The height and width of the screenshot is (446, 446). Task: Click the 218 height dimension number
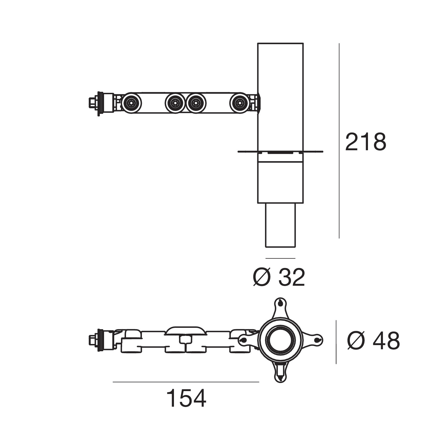[x=366, y=142]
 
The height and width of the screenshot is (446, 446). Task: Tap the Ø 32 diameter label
[x=279, y=278]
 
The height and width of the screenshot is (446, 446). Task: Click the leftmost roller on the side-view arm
[x=132, y=103]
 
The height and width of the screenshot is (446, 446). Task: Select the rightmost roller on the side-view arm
[x=239, y=103]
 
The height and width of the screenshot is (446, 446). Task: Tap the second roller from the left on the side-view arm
[x=175, y=103]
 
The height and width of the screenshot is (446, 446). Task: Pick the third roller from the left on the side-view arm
[x=196, y=103]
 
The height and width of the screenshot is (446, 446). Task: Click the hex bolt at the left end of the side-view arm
[x=92, y=103]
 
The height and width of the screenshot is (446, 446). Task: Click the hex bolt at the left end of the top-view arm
[x=92, y=340]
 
